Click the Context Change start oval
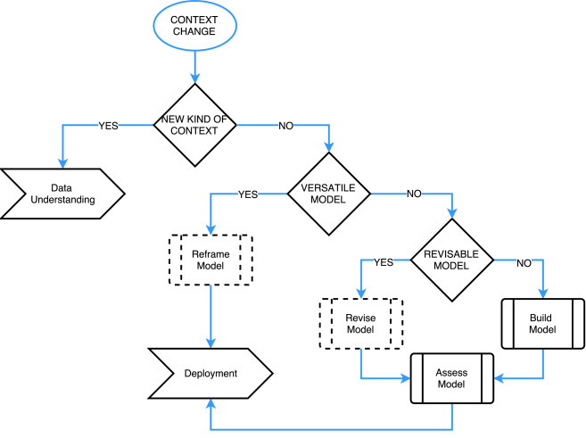coord(194,26)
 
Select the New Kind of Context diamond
coord(194,126)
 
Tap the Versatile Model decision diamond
coord(328,194)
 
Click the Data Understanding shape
coord(61,194)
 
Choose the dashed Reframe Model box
coord(210,260)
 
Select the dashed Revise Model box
coord(361,325)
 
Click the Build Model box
coord(542,325)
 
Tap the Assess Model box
coord(451,377)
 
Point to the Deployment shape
coord(210,374)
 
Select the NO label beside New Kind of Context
coord(285,126)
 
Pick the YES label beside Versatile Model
coord(249,194)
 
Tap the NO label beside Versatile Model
coord(414,194)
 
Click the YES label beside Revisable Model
coord(384,261)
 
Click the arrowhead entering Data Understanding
coord(62,163)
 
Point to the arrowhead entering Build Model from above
coord(542,295)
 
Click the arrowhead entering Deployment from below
coord(210,404)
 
